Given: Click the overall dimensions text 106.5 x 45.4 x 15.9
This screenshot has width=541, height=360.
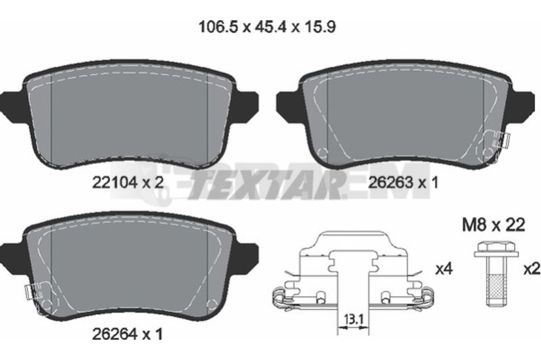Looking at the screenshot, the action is coord(266,27).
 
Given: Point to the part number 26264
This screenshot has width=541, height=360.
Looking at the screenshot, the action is coord(115,334).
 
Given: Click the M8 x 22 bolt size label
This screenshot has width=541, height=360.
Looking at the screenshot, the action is coord(494,225).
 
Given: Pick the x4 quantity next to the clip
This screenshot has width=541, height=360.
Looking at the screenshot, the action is coord(444,269).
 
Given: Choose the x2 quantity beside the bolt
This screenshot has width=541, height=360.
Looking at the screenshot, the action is coord(532,269).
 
